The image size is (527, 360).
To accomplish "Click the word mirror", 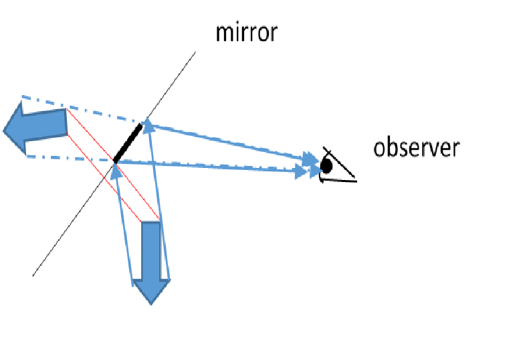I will coord(245,32).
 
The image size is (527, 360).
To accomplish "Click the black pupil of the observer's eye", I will coord(327,165).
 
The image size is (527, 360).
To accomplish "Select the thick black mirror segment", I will coord(128,143).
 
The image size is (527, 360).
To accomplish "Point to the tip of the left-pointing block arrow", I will coord(5,128).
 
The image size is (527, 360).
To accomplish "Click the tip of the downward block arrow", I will coord(151,302).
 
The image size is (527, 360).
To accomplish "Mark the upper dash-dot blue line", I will coord(80,108).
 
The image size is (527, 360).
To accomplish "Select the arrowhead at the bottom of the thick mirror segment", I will coord(117,171).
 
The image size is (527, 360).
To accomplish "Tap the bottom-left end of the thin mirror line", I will coord(33,275).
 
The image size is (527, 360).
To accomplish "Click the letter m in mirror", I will coord(222,33).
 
